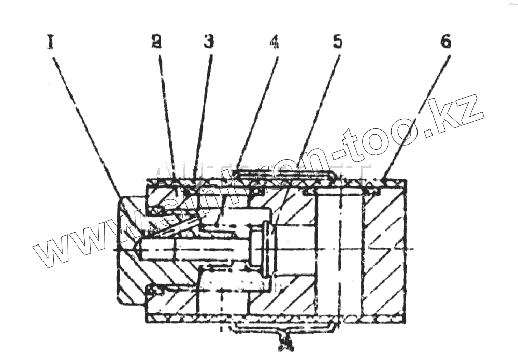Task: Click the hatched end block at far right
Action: (x=386, y=249)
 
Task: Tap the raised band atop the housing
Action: (x=282, y=172)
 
